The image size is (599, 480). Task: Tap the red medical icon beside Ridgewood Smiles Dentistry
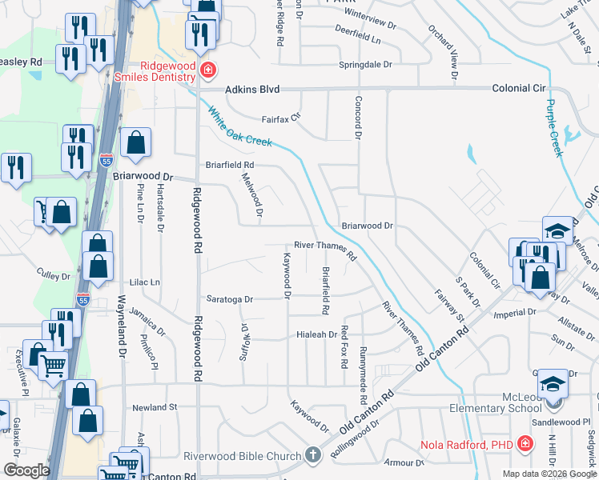click(208, 70)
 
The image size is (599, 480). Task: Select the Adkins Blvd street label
click(255, 90)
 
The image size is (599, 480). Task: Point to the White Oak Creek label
click(240, 127)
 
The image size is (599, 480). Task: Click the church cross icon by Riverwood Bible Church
click(313, 454)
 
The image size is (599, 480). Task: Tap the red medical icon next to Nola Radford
click(525, 442)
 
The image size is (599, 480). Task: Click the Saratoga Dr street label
click(229, 299)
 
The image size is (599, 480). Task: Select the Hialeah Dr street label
click(314, 335)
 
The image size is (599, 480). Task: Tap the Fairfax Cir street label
click(280, 118)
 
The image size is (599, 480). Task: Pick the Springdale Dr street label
click(366, 64)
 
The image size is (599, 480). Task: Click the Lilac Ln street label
click(144, 282)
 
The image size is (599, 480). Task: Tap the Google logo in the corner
click(26, 470)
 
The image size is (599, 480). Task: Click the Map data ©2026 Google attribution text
click(549, 474)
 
